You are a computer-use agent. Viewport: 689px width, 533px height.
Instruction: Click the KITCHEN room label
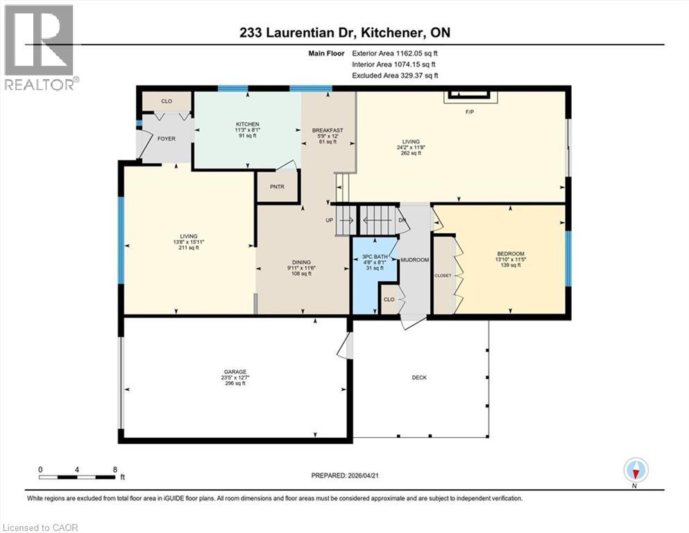click(247, 124)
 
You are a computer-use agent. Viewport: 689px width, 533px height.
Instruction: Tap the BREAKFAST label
click(328, 130)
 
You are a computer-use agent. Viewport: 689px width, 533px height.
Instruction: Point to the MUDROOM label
click(416, 260)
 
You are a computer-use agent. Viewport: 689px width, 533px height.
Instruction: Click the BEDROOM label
click(510, 254)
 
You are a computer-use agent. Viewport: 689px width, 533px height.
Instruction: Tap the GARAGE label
click(234, 371)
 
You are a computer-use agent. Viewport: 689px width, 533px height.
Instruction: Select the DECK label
click(419, 378)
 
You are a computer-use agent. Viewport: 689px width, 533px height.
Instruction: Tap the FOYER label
click(166, 139)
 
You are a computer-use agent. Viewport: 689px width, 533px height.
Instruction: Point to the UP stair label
click(330, 221)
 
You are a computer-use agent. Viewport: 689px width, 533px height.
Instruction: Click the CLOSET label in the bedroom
click(443, 276)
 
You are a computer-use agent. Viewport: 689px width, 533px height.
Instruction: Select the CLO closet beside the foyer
click(167, 101)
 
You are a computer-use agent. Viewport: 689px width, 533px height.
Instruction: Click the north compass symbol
click(636, 471)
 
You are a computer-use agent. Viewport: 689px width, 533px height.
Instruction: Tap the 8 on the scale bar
click(114, 469)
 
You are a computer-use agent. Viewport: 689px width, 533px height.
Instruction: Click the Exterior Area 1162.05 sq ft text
click(395, 53)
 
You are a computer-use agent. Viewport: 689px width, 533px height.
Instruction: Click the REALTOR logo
click(39, 46)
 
